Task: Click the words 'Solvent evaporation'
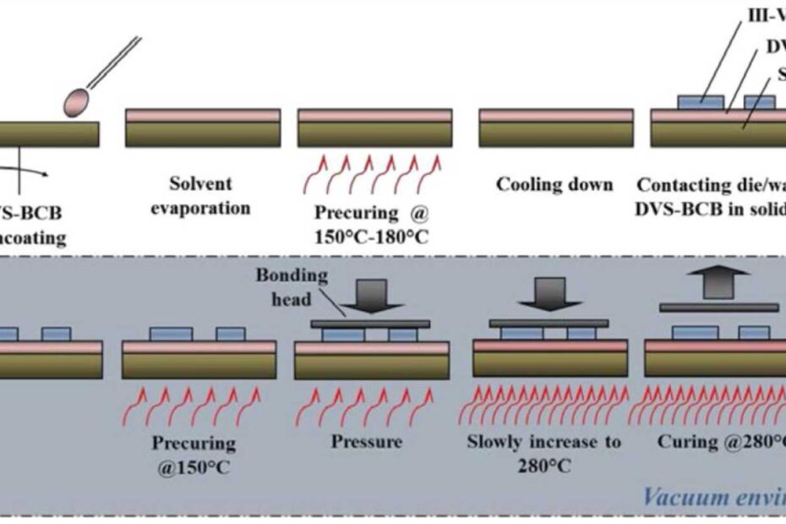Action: point(200,195)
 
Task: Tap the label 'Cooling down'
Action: point(554,184)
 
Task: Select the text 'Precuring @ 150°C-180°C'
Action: point(372,224)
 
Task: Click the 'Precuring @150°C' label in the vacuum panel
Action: point(194,453)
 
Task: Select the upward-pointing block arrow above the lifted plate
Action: point(718,281)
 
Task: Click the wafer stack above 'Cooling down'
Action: point(556,128)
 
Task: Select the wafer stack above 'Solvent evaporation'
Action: point(203,128)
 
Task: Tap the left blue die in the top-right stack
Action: point(701,102)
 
